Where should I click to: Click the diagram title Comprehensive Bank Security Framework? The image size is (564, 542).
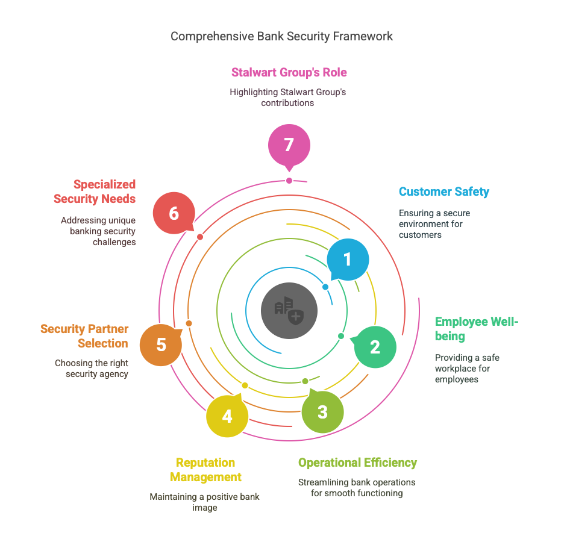[x=281, y=36]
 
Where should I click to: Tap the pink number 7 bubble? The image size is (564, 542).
[x=289, y=146]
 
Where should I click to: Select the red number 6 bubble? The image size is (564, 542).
[x=174, y=213]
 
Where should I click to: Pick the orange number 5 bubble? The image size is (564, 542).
[x=161, y=344]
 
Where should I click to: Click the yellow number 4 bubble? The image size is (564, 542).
[x=227, y=416]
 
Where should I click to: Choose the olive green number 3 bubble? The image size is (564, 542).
[x=322, y=411]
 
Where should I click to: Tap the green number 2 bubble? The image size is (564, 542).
[x=375, y=347]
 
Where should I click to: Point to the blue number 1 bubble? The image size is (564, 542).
[x=348, y=259]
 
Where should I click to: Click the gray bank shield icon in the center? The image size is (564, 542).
[x=289, y=311]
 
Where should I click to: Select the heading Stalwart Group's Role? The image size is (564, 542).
[x=289, y=72]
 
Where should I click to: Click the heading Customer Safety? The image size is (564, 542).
[x=444, y=192]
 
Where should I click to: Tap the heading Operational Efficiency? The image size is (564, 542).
[x=357, y=463]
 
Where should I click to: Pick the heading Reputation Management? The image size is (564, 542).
[x=205, y=470]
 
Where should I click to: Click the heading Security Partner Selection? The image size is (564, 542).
[x=84, y=336]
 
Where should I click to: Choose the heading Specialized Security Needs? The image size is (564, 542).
[x=95, y=192]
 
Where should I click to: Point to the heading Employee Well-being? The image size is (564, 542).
[x=476, y=329]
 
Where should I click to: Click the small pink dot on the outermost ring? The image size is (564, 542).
[x=289, y=181]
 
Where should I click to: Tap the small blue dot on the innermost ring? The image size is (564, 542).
[x=325, y=287]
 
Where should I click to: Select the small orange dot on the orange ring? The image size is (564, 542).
[x=189, y=323]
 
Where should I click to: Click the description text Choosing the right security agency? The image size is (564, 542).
[x=92, y=369]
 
